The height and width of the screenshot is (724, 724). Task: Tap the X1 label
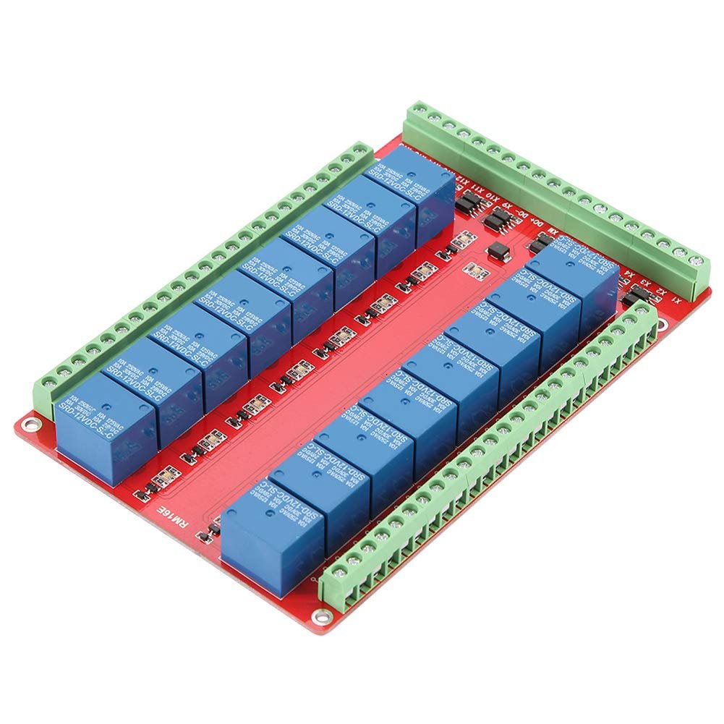tap(676, 299)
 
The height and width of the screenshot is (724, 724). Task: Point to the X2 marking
tap(660, 291)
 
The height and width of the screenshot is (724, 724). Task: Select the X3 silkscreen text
tap(645, 283)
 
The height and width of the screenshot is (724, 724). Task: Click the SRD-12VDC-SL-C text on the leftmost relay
tap(87, 419)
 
